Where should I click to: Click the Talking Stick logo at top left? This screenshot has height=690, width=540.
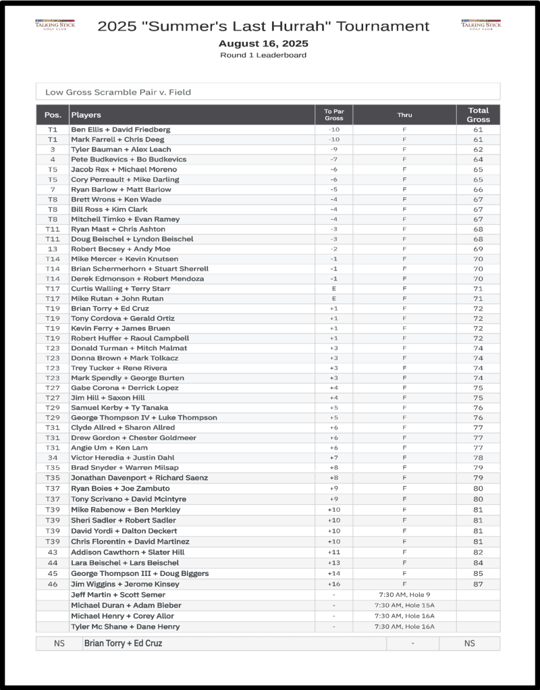(55, 24)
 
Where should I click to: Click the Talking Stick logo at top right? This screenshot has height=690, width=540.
(481, 24)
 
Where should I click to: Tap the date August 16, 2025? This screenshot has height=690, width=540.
(263, 43)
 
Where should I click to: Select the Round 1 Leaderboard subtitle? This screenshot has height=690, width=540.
(263, 55)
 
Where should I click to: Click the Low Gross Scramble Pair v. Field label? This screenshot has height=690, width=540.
(118, 92)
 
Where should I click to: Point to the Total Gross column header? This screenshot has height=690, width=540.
(478, 115)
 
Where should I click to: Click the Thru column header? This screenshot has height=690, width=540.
(404, 115)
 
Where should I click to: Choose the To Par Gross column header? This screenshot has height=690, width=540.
(333, 115)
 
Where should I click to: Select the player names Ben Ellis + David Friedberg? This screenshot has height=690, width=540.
(121, 129)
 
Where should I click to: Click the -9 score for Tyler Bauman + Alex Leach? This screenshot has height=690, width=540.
(333, 149)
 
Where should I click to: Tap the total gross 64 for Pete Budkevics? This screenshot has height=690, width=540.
(478, 159)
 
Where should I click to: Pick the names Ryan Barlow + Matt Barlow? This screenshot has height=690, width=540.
(121, 190)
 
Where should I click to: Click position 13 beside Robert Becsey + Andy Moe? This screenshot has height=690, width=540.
(53, 249)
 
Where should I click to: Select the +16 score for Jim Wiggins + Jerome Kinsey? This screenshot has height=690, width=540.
(333, 584)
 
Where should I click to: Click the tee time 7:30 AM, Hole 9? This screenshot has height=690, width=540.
(404, 595)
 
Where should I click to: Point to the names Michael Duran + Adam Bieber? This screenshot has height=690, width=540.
(126, 606)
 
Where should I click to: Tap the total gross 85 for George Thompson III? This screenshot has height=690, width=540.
(478, 574)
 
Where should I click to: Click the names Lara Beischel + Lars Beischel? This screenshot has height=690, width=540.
(125, 563)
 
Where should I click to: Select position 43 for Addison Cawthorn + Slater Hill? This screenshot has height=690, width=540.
(53, 552)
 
